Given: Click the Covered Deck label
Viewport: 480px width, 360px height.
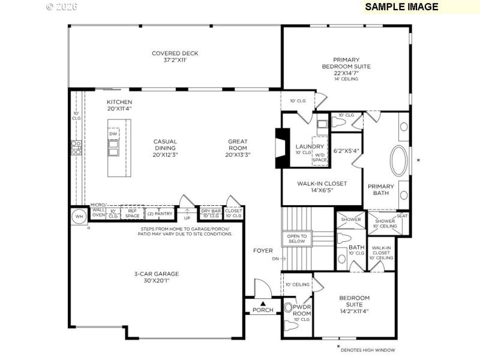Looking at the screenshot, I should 175,53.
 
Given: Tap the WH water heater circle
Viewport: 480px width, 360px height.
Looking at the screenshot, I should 79,217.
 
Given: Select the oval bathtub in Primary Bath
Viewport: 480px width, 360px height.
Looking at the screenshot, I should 398,160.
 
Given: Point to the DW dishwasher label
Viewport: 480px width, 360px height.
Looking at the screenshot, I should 113,134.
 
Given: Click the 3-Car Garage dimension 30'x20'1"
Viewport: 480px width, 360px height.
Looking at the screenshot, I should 157,281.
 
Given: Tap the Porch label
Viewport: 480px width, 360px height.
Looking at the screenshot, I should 263,310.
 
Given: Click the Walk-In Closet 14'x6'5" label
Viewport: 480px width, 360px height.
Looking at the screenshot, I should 323,187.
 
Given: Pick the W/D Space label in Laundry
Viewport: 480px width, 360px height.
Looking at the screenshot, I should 320,157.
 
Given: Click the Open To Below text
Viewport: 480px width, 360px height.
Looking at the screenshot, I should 296,239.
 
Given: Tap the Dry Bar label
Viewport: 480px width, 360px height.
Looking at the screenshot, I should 210,211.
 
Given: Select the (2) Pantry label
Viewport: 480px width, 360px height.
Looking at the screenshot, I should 160,214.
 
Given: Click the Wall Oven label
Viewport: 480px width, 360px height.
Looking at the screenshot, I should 98,212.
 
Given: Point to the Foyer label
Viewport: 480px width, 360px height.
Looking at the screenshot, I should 263,250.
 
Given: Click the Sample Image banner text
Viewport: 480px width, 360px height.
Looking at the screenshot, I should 401,7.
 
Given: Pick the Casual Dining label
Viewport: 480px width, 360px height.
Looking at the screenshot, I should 165,148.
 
